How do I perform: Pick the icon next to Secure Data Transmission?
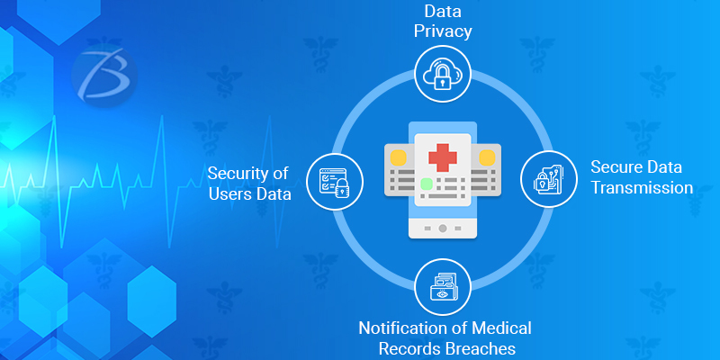(548, 177)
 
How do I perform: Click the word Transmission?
(641, 188)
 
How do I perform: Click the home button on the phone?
(442, 229)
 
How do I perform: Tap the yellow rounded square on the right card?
(488, 158)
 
